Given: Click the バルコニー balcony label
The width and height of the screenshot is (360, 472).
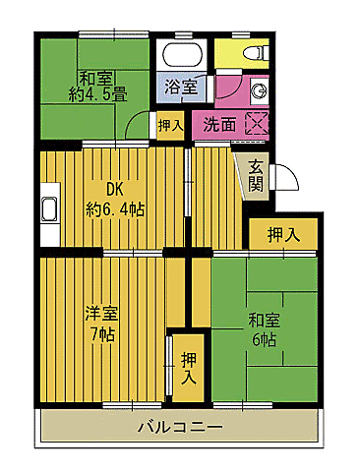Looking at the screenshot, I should tap(179, 428).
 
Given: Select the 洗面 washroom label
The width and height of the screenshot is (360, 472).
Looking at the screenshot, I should tap(219, 125).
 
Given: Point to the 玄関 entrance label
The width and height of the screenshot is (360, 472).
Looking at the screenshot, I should tap(256, 175).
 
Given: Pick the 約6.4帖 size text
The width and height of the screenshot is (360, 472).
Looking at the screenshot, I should tap(116, 208).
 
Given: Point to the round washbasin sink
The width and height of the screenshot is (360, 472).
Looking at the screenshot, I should tap(258, 90).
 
